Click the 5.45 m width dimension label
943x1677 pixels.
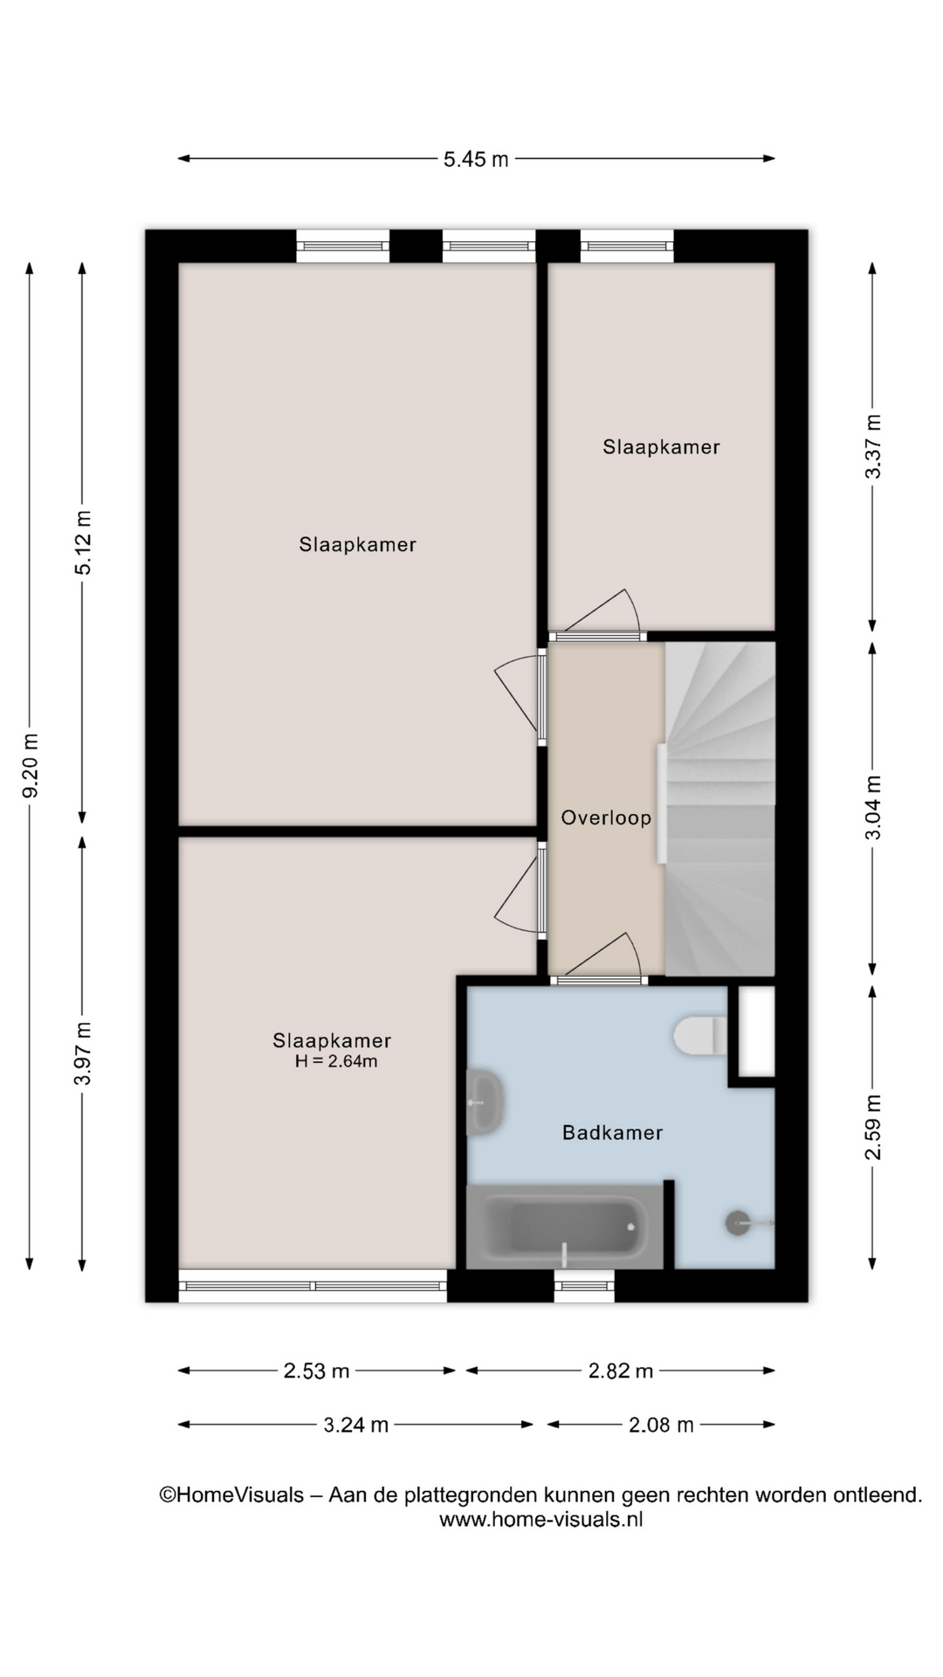coord(476,160)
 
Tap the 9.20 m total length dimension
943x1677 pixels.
coord(31,766)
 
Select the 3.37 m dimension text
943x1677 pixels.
coord(872,446)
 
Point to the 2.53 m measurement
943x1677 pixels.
coord(316,1371)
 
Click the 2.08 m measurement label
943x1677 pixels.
coord(661,1425)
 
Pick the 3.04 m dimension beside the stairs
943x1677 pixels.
coord(872,808)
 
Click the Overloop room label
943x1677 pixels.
coord(606,818)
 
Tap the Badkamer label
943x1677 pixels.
coord(612,1133)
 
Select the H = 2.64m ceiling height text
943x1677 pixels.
coord(336,1062)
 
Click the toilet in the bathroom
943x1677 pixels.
coord(700,1036)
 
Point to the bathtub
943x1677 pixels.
coord(565,1226)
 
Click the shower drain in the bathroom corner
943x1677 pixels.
coord(738,1223)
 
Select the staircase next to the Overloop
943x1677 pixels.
coord(719,809)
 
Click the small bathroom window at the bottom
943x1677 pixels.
coord(584,1286)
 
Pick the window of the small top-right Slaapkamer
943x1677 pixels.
coord(627,246)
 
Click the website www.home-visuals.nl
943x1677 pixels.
coord(540,1519)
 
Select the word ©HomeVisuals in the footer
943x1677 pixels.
coord(231,1494)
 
